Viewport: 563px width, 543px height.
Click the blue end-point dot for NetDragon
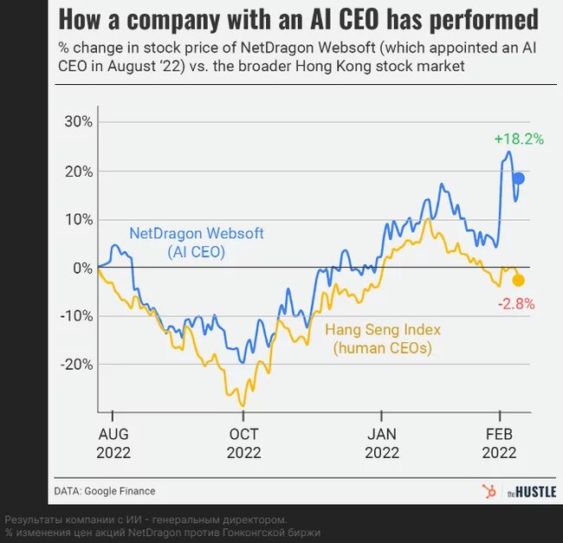point(519,178)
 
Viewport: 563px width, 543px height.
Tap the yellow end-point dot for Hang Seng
point(518,281)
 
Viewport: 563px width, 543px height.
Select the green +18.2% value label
point(519,139)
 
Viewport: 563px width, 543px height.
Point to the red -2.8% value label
point(516,304)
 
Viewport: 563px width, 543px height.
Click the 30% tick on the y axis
point(79,121)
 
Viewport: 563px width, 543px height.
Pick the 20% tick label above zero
point(79,171)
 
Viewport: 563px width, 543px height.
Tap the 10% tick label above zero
point(79,219)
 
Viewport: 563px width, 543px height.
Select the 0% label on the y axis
point(82,268)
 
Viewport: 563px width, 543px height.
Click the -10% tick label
point(76,316)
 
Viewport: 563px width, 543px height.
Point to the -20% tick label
point(76,365)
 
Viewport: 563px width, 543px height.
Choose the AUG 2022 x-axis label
point(113,443)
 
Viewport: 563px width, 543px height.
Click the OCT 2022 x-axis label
point(243,443)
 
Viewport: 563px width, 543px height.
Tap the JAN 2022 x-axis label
point(382,443)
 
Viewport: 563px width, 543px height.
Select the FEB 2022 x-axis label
point(500,443)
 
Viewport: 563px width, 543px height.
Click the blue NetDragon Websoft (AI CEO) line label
point(197,242)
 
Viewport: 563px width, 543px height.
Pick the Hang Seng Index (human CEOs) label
point(383,339)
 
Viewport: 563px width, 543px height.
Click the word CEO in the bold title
point(359,19)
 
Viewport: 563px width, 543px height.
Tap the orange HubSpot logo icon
point(489,491)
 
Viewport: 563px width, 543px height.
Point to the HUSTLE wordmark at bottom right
point(532,492)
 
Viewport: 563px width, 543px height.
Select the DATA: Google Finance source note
point(105,491)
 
